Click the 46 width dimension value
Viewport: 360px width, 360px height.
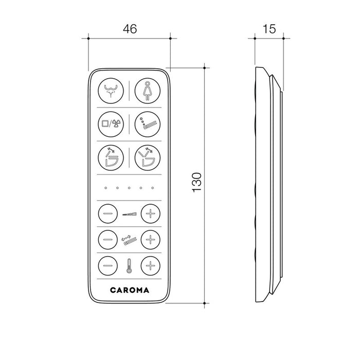[x=130, y=29]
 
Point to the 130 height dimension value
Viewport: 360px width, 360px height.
[x=197, y=182]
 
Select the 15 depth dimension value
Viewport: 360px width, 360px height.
[x=269, y=29]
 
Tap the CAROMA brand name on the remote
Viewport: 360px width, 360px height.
[x=130, y=290]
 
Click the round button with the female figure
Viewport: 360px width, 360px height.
[x=148, y=91]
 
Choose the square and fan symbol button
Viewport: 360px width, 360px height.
[x=111, y=124]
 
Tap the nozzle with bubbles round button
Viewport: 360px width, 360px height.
[x=148, y=124]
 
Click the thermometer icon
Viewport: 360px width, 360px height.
[x=129, y=266]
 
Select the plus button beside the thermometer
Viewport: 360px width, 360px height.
[x=150, y=266]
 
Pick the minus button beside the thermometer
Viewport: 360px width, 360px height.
[x=108, y=266]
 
